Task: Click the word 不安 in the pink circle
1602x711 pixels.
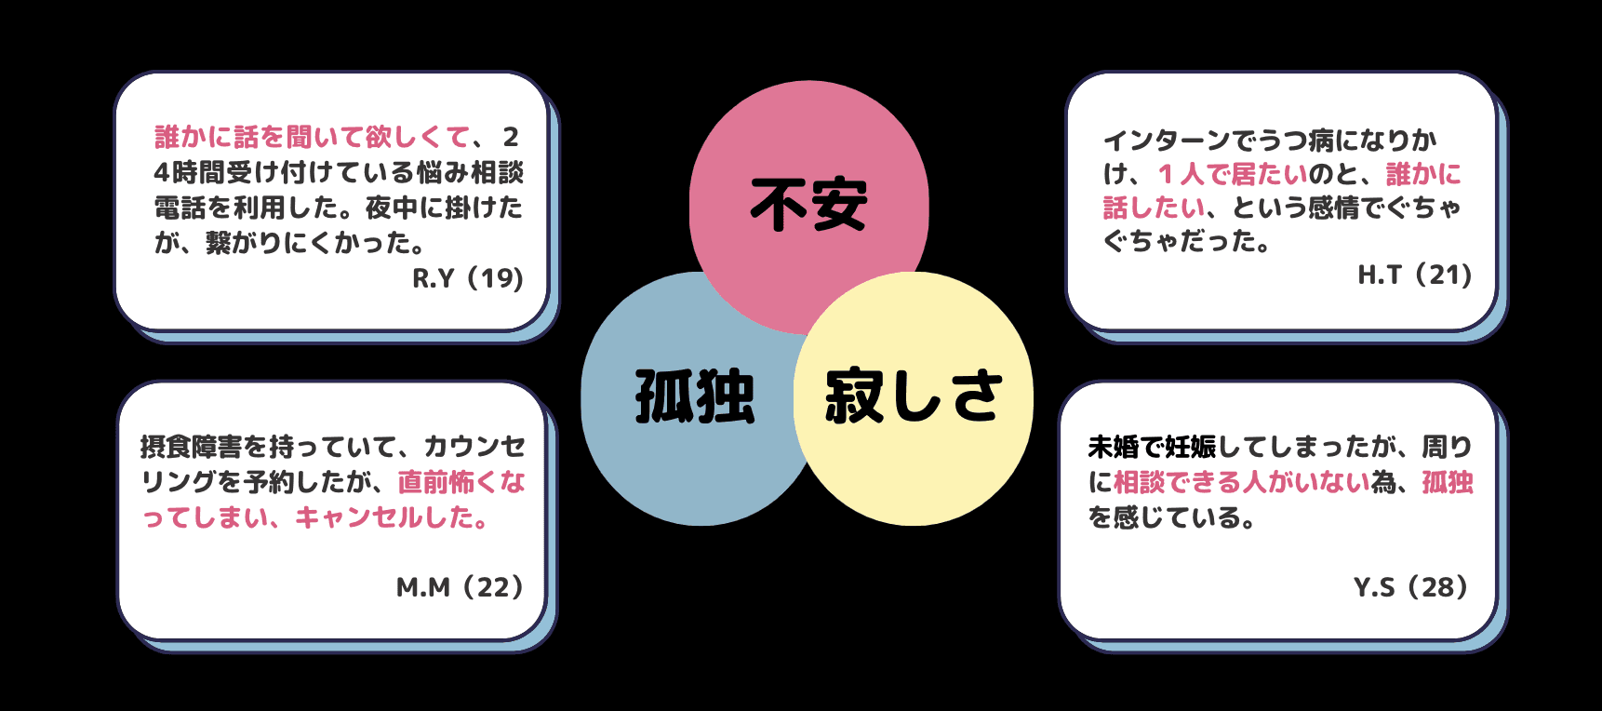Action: coord(808,206)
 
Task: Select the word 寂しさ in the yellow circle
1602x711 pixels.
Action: coord(913,396)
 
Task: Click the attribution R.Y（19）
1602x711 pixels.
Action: coord(468,278)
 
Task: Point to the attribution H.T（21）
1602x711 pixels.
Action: coord(1414,275)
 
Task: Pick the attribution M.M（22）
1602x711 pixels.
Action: coord(460,587)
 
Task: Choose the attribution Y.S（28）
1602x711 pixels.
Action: coord(1410,587)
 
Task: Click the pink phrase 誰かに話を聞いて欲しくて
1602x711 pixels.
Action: coord(313,138)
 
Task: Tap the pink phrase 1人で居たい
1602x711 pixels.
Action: coord(1232,174)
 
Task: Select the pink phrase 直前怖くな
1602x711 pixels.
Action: coord(461,482)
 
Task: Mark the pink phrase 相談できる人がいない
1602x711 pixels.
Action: coord(1242,482)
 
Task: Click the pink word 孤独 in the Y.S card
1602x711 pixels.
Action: coord(1448,482)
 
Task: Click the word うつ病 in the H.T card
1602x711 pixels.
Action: coord(1296,141)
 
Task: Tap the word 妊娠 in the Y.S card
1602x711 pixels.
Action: coord(1191,448)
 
